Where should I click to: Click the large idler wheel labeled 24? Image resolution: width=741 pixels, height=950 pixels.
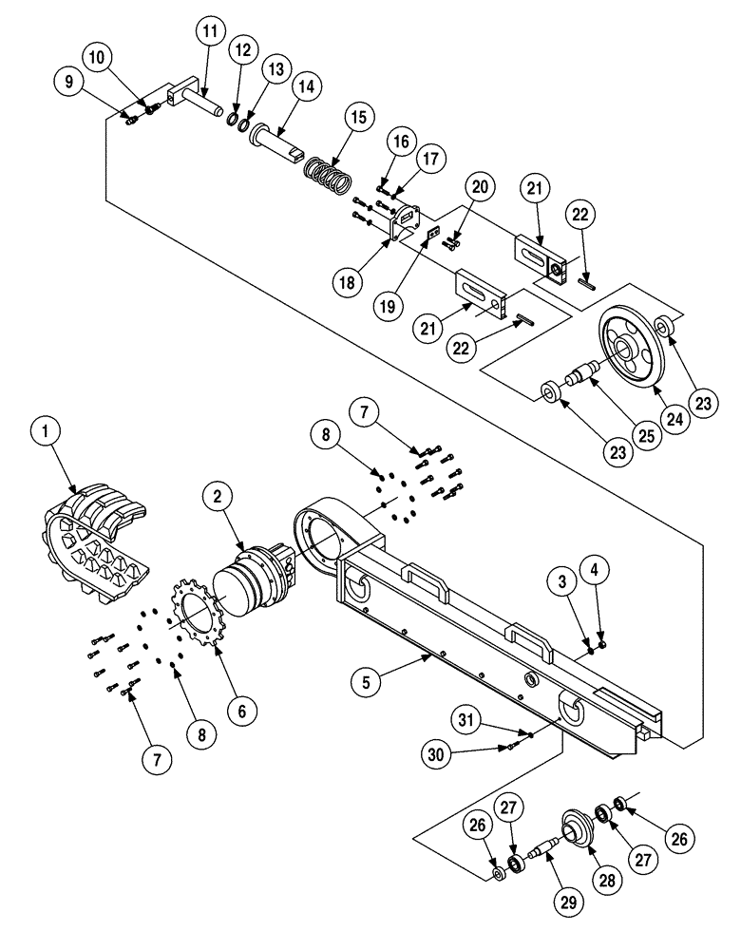[631, 351]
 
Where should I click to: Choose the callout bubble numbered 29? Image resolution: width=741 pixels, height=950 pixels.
[567, 903]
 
